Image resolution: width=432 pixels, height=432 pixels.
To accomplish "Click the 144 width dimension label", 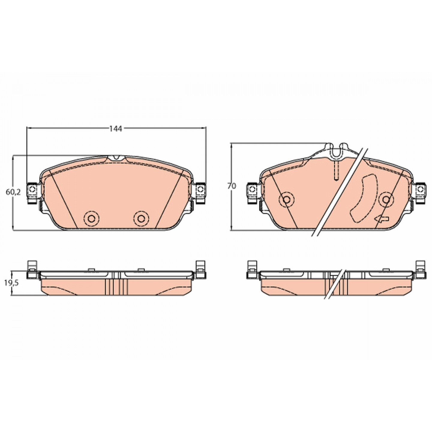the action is pyautogui.click(x=116, y=129).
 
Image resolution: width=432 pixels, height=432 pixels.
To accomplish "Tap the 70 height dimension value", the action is pyautogui.click(x=232, y=186).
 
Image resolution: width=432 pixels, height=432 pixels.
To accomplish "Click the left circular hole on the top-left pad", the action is pyautogui.click(x=91, y=218).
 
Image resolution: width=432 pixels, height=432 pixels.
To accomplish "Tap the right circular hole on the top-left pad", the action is pyautogui.click(x=141, y=218).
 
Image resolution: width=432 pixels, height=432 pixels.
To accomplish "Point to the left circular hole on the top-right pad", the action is pyautogui.click(x=287, y=199).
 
